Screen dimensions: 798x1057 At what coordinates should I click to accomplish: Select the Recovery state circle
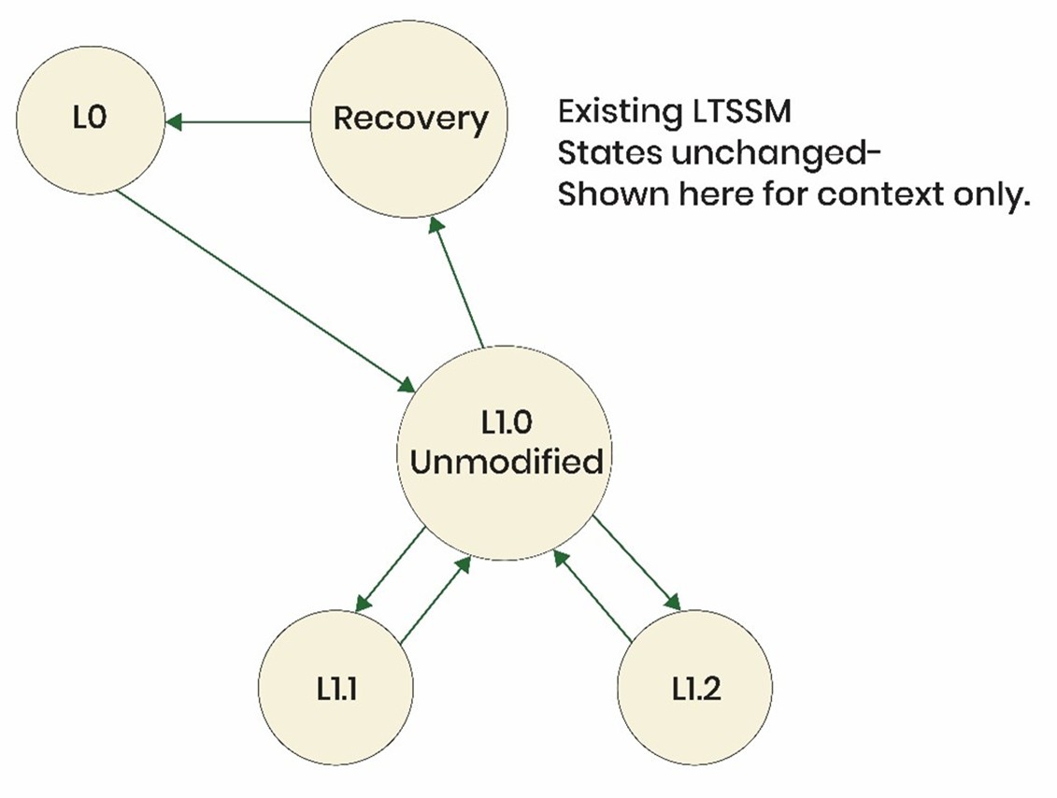410,119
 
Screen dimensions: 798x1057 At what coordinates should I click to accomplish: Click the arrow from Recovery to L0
238,121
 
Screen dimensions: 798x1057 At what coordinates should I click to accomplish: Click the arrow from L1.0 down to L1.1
391,570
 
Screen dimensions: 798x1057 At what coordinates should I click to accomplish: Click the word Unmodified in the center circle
506,463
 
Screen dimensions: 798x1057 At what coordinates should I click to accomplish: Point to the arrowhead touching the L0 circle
174,121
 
